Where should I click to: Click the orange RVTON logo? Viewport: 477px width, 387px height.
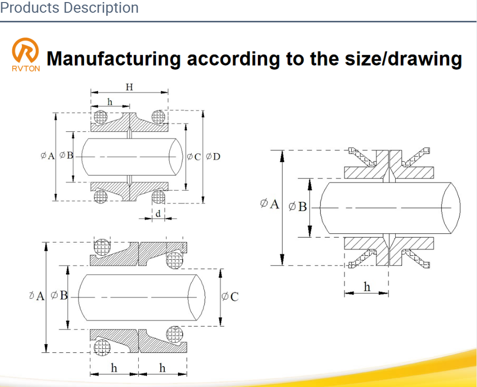(x=26, y=55)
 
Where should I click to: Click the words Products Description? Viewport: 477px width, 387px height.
(x=69, y=8)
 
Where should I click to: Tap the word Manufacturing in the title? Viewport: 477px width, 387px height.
(x=114, y=58)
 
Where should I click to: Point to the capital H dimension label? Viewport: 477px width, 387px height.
(x=129, y=87)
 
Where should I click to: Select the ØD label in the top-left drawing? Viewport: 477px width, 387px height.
(x=213, y=157)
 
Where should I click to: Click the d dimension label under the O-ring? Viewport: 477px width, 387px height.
(x=158, y=214)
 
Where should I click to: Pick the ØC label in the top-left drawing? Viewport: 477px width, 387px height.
(x=194, y=157)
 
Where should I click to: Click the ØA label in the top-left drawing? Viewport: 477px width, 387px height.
(x=47, y=156)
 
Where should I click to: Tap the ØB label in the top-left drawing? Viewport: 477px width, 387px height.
(x=66, y=155)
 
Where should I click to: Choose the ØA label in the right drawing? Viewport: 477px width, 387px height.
(x=270, y=203)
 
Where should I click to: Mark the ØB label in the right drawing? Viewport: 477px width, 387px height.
(x=297, y=206)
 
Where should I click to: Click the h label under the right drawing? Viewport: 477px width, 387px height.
(x=367, y=287)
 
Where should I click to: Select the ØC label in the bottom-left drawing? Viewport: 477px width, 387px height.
(x=230, y=296)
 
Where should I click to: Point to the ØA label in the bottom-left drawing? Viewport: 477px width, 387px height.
(x=37, y=295)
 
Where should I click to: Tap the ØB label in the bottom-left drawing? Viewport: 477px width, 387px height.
(x=59, y=295)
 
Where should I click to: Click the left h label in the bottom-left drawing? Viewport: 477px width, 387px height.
(x=114, y=368)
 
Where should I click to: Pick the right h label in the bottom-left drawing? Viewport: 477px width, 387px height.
(x=162, y=368)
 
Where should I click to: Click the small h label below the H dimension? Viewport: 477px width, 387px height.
(x=110, y=102)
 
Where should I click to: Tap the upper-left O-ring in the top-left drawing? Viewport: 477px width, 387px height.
(x=100, y=117)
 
